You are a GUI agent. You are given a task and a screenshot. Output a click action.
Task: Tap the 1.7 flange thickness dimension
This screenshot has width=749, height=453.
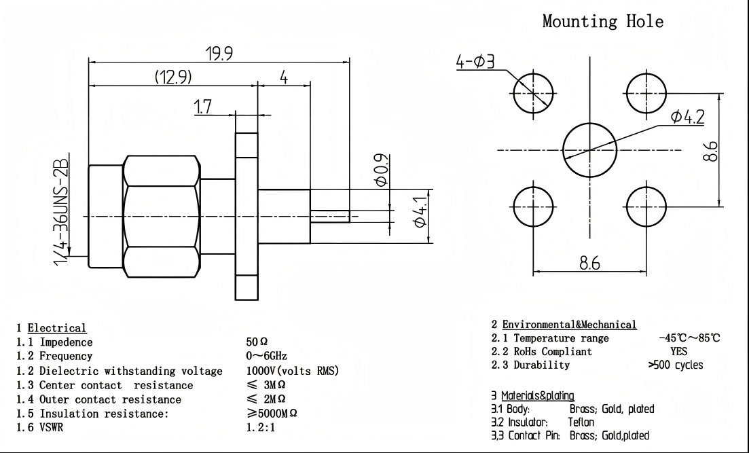(x=203, y=107)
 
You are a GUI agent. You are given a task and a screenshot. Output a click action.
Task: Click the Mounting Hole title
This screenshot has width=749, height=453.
(x=602, y=21)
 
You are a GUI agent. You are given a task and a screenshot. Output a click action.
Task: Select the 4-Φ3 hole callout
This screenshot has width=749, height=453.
(x=476, y=62)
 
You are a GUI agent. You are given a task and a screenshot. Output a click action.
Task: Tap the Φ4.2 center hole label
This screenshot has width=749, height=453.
(x=687, y=117)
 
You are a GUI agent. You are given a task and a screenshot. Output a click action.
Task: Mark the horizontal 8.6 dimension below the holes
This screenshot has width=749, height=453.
(x=589, y=264)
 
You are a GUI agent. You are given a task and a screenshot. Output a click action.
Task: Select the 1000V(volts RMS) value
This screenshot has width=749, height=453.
(x=292, y=371)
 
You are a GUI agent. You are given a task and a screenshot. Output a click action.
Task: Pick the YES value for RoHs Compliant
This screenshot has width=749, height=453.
(x=679, y=352)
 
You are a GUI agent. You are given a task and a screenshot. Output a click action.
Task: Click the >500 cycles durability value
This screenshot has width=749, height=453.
(x=676, y=365)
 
